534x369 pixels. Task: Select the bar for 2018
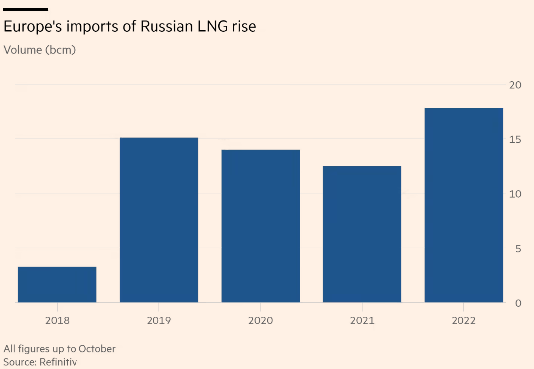click(57, 284)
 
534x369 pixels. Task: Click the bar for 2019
click(159, 220)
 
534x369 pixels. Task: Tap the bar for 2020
click(260, 226)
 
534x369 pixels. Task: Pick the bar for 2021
click(362, 234)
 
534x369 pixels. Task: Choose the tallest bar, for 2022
click(463, 205)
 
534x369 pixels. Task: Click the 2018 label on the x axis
click(57, 320)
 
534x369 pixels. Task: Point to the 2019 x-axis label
click(159, 320)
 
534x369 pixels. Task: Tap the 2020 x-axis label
click(260, 320)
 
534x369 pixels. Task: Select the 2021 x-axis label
click(362, 320)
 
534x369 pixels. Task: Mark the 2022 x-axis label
click(463, 320)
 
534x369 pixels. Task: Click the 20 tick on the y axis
click(515, 85)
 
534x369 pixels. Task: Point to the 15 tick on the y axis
click(515, 139)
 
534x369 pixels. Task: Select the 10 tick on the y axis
click(515, 194)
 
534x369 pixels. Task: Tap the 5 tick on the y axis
click(518, 248)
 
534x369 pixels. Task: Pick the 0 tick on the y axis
click(518, 303)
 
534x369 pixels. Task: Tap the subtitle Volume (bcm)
click(40, 50)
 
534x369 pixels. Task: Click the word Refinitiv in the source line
click(57, 362)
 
